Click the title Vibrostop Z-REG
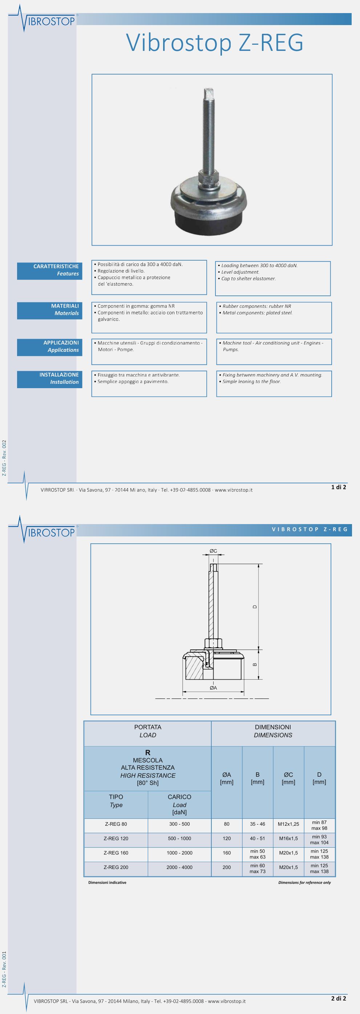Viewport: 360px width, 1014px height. coord(214,43)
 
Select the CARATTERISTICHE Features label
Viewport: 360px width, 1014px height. coord(49,270)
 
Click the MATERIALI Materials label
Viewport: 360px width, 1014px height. coord(49,309)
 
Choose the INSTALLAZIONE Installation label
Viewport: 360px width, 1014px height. coord(49,378)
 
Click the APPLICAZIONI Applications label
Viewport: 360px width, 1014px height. coord(49,346)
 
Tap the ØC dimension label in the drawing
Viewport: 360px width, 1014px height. coord(213,551)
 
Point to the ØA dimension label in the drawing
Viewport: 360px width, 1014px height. coord(213,688)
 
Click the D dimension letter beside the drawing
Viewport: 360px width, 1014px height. coord(255,607)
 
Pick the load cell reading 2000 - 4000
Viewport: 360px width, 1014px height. coord(179,867)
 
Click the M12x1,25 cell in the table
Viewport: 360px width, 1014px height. coord(288,824)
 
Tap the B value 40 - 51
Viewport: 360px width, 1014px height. coord(258,838)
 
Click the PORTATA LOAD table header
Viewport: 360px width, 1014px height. coord(147,731)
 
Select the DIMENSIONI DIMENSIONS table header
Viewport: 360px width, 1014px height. coord(273,731)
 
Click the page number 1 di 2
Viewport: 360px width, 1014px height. coord(338,487)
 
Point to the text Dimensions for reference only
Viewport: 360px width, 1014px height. coord(304,882)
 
